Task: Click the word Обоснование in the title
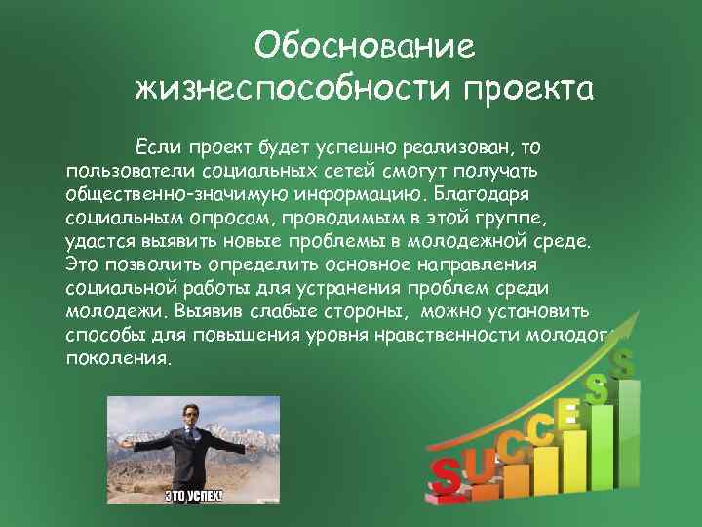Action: pos(364,45)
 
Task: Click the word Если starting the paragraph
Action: pos(158,147)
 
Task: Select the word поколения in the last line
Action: pos(118,358)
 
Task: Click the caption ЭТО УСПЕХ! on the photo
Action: pos(193,495)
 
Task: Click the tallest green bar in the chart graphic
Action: pos(627,429)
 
